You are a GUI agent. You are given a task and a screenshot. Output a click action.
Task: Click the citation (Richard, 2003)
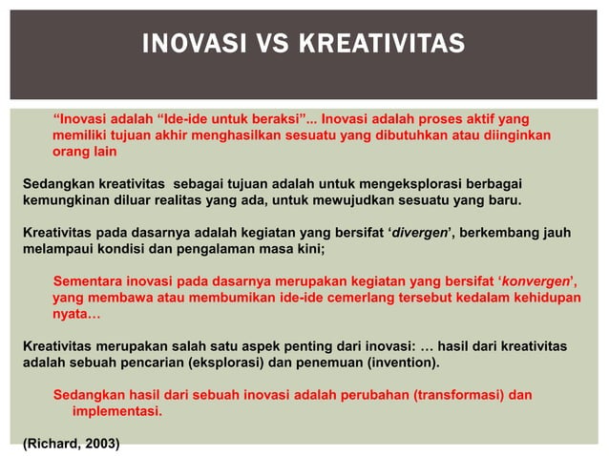pyautogui.click(x=72, y=444)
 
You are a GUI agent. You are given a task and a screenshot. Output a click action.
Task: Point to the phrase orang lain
pyautogui.click(x=84, y=152)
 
